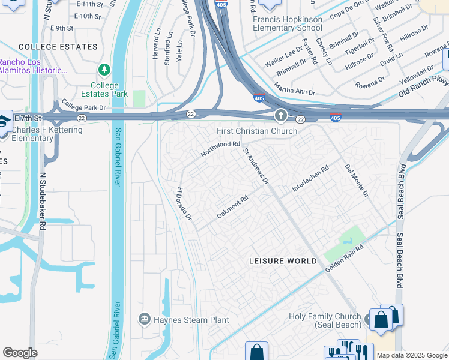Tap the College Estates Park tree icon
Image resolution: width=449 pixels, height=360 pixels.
(x=105, y=70)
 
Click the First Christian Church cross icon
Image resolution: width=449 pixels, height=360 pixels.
(x=280, y=115)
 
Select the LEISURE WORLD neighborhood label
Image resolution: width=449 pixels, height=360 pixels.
(x=283, y=261)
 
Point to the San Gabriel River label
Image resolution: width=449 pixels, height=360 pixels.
(x=118, y=157)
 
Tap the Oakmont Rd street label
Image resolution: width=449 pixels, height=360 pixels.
(x=232, y=208)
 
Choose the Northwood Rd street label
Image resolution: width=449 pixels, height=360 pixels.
(x=220, y=149)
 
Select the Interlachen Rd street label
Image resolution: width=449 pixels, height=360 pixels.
(x=310, y=179)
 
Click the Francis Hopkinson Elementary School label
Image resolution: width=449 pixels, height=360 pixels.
(x=287, y=23)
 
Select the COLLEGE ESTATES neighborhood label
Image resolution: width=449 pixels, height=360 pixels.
(x=58, y=46)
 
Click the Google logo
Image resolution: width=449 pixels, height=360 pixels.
(x=20, y=353)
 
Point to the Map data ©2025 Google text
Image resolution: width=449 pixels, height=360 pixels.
(x=412, y=355)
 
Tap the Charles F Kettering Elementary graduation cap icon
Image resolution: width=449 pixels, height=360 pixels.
(x=4, y=119)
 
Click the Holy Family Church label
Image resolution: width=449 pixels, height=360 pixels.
(x=324, y=320)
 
